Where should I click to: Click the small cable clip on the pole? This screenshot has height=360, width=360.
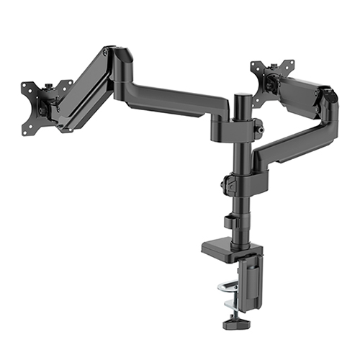point(230,221)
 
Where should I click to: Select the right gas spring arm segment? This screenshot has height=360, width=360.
point(302,93)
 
